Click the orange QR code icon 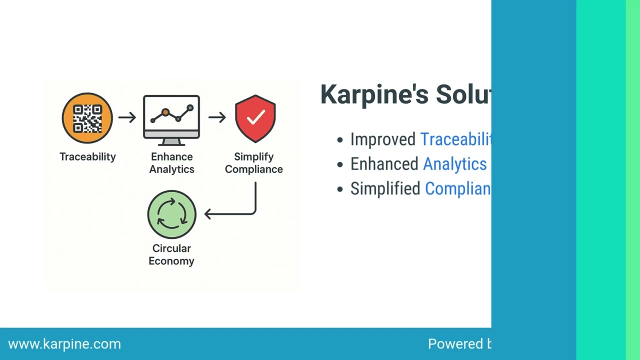point(87,118)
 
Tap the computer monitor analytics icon point(171,119)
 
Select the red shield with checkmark point(255,118)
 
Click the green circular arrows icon point(171,214)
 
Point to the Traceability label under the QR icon point(87,156)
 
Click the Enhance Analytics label point(171,163)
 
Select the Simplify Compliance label point(253,163)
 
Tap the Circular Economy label point(171,254)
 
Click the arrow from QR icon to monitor point(127,117)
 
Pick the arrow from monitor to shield point(217,117)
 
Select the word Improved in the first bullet point(382,139)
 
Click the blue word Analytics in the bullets point(454,164)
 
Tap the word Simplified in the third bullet point(385,188)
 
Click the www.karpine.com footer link point(64,344)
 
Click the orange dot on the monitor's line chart point(165,112)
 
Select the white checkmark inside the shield point(255,117)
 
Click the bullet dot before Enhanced point(340,164)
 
